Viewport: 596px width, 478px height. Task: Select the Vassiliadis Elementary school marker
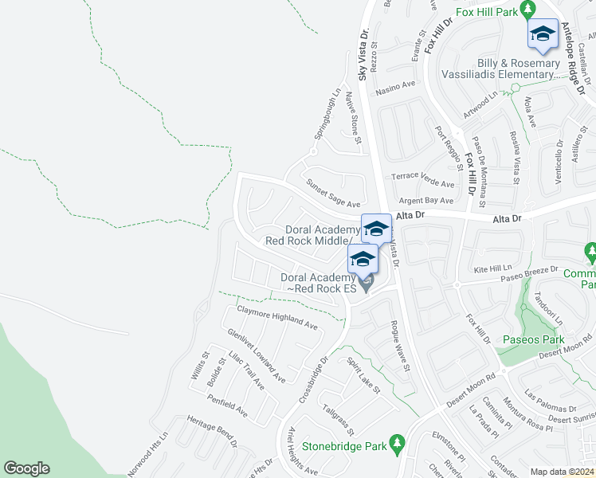tap(543, 34)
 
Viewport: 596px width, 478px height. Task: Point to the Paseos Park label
tap(533, 340)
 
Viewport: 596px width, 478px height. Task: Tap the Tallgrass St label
tap(338, 419)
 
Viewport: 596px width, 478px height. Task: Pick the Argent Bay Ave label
tap(426, 202)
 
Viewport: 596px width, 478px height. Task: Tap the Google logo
tap(25, 468)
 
